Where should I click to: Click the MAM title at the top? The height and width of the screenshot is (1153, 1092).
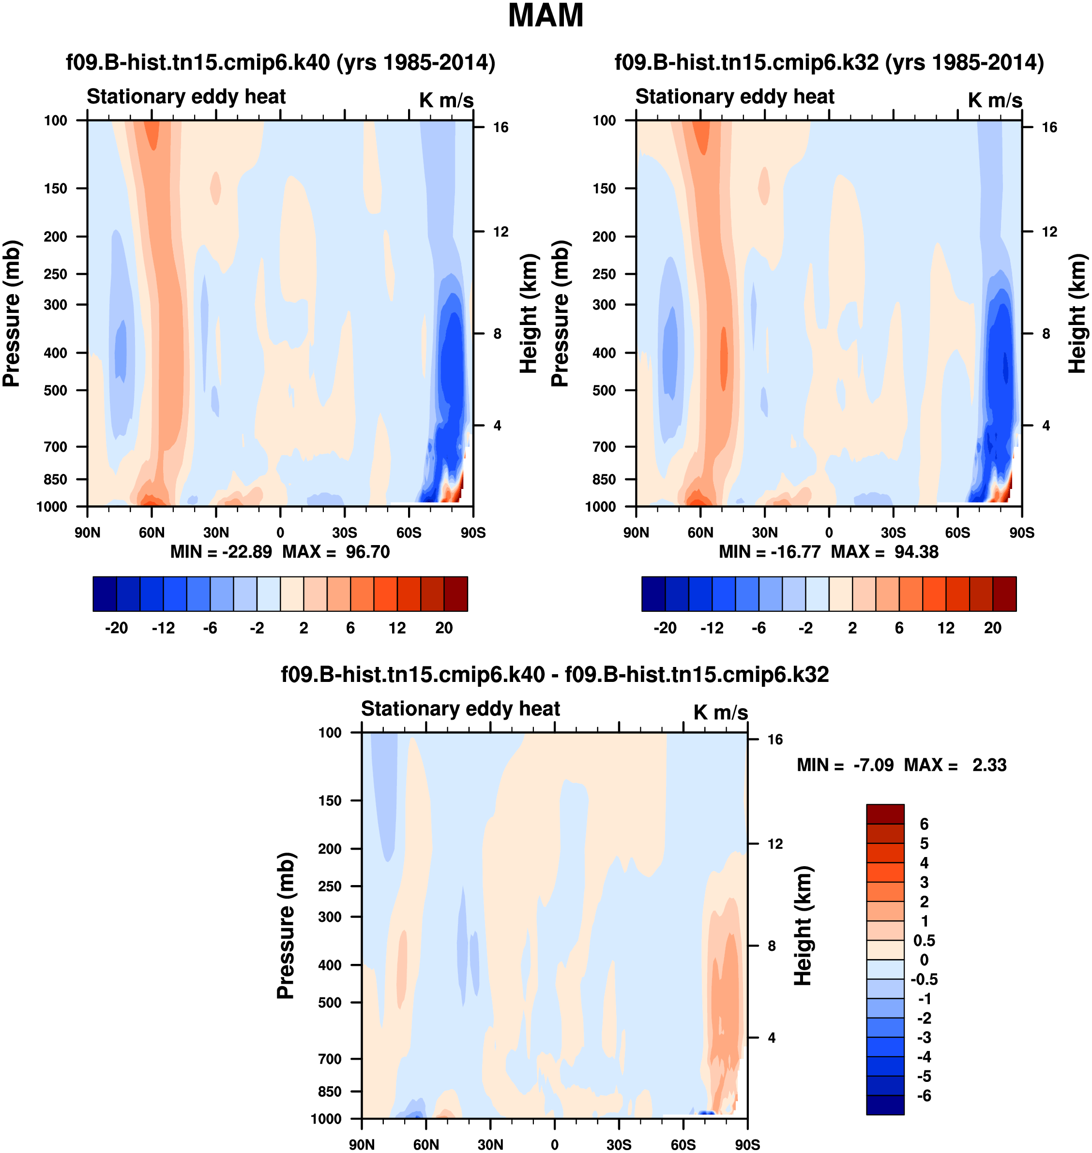tap(546, 15)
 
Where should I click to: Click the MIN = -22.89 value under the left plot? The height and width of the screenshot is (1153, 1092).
tap(221, 551)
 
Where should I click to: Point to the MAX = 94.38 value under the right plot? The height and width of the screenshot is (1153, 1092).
tap(884, 551)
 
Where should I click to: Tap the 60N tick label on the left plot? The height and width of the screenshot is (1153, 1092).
tap(152, 532)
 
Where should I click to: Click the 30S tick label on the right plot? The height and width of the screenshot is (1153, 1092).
tap(893, 532)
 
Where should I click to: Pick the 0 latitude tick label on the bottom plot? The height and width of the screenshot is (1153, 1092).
tap(554, 1144)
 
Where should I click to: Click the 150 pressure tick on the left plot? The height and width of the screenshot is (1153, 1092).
tap(55, 189)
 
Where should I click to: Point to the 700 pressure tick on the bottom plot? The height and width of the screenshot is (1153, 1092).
tap(330, 1059)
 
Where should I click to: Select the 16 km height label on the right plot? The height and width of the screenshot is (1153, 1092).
tap(1049, 127)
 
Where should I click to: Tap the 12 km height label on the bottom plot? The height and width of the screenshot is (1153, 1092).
tap(775, 844)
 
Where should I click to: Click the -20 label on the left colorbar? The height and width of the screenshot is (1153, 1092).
tap(117, 628)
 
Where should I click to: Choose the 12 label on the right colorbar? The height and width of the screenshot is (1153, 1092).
tap(946, 628)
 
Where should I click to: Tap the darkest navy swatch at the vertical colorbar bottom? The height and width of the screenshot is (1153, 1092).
tap(885, 1105)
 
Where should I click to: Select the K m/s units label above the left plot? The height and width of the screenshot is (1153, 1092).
tap(446, 100)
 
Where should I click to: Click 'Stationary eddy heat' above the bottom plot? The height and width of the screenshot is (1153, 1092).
tap(460, 709)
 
